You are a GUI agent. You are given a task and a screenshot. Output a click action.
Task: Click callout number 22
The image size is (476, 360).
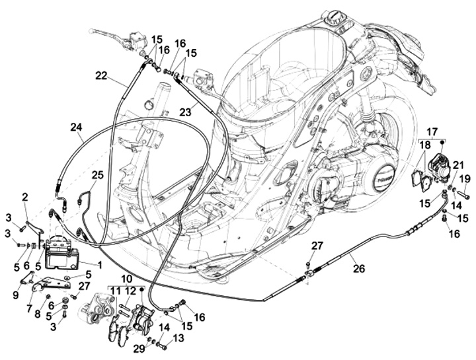[100, 76]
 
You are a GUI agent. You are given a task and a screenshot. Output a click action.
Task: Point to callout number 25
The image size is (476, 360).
[97, 175]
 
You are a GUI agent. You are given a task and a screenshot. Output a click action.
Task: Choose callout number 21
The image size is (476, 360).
[458, 164]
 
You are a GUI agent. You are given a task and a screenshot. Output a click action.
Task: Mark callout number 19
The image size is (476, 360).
[464, 178]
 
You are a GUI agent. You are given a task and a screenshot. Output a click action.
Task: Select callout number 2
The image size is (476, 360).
[25, 197]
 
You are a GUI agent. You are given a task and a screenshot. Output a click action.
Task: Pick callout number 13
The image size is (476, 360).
[178, 338]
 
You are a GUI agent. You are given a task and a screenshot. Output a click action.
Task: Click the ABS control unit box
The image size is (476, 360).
[61, 255]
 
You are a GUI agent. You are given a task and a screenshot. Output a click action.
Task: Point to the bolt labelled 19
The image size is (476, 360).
[461, 195]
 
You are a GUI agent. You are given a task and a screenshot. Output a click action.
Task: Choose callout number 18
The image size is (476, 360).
[423, 144]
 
